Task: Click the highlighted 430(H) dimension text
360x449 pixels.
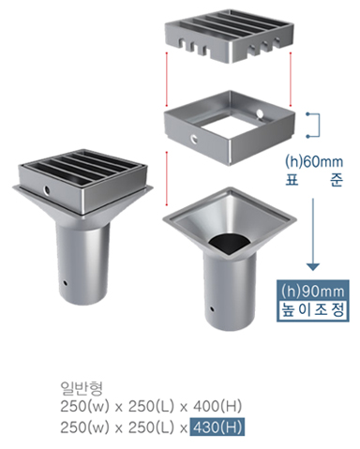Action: click(217, 427)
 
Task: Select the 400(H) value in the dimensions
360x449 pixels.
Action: click(217, 406)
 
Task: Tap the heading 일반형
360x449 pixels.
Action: click(82, 388)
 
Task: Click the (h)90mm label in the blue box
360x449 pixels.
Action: click(313, 291)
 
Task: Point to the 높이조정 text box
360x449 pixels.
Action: click(313, 310)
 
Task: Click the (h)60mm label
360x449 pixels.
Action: click(314, 162)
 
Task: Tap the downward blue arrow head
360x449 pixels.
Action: click(313, 266)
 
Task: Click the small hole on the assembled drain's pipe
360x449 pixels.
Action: click(66, 283)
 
